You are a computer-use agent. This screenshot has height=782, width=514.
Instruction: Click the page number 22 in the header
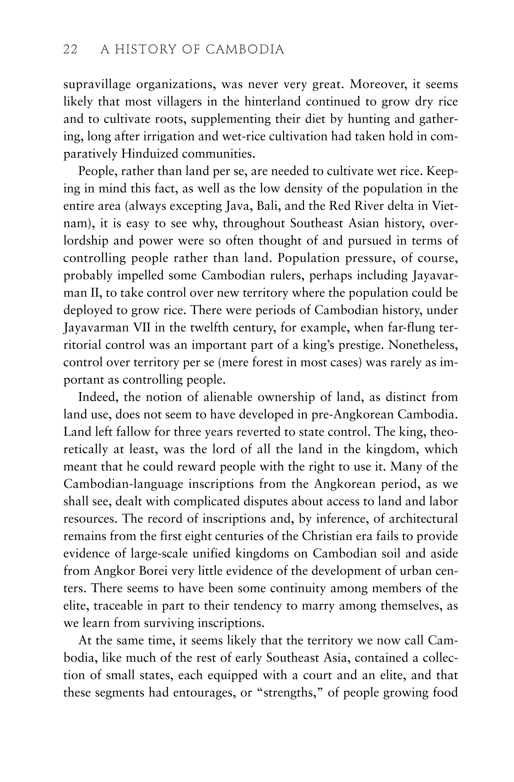(70, 50)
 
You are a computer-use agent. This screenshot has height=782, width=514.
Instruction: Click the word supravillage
(96, 85)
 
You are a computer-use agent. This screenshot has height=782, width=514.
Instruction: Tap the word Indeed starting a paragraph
(98, 397)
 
